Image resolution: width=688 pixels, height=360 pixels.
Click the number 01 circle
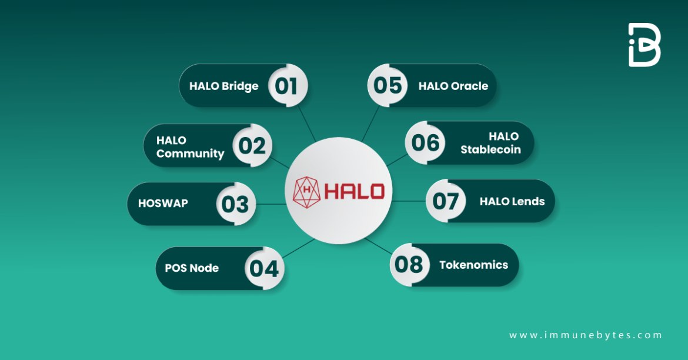pos(287,86)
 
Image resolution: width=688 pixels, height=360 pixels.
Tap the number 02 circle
pos(252,145)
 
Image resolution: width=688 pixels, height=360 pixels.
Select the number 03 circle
pos(235,204)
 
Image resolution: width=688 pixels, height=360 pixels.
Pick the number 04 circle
pos(264,268)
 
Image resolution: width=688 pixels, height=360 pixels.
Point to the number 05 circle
pos(388,85)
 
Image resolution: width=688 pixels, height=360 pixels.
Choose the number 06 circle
pos(426,143)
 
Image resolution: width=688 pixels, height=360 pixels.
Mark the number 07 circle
pos(446,201)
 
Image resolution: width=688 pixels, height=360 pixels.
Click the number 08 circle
pos(410,265)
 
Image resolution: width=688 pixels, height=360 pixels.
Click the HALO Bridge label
pos(224,86)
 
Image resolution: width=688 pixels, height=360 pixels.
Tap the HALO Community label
pos(190,147)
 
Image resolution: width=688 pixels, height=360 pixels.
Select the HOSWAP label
pos(163,204)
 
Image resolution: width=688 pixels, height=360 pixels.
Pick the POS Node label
pos(192,268)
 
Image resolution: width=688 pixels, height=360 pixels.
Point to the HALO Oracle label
pos(453,86)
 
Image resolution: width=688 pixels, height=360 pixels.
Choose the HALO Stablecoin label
pos(490,143)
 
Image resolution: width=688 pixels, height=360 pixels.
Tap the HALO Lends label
pos(512,202)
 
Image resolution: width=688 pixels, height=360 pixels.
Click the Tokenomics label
pos(473,265)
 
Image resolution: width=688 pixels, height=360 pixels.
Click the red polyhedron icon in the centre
pos(306,191)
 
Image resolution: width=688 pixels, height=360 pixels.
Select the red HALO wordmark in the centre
pos(355,191)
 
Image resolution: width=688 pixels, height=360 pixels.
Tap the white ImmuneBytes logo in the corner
pos(644,45)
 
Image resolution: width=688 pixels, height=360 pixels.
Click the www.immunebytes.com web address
pos(586,335)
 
